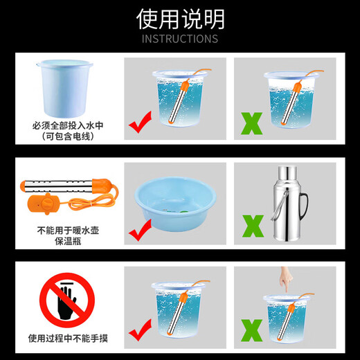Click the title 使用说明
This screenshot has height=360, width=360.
tap(179, 17)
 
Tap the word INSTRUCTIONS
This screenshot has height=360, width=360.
tap(179, 39)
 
